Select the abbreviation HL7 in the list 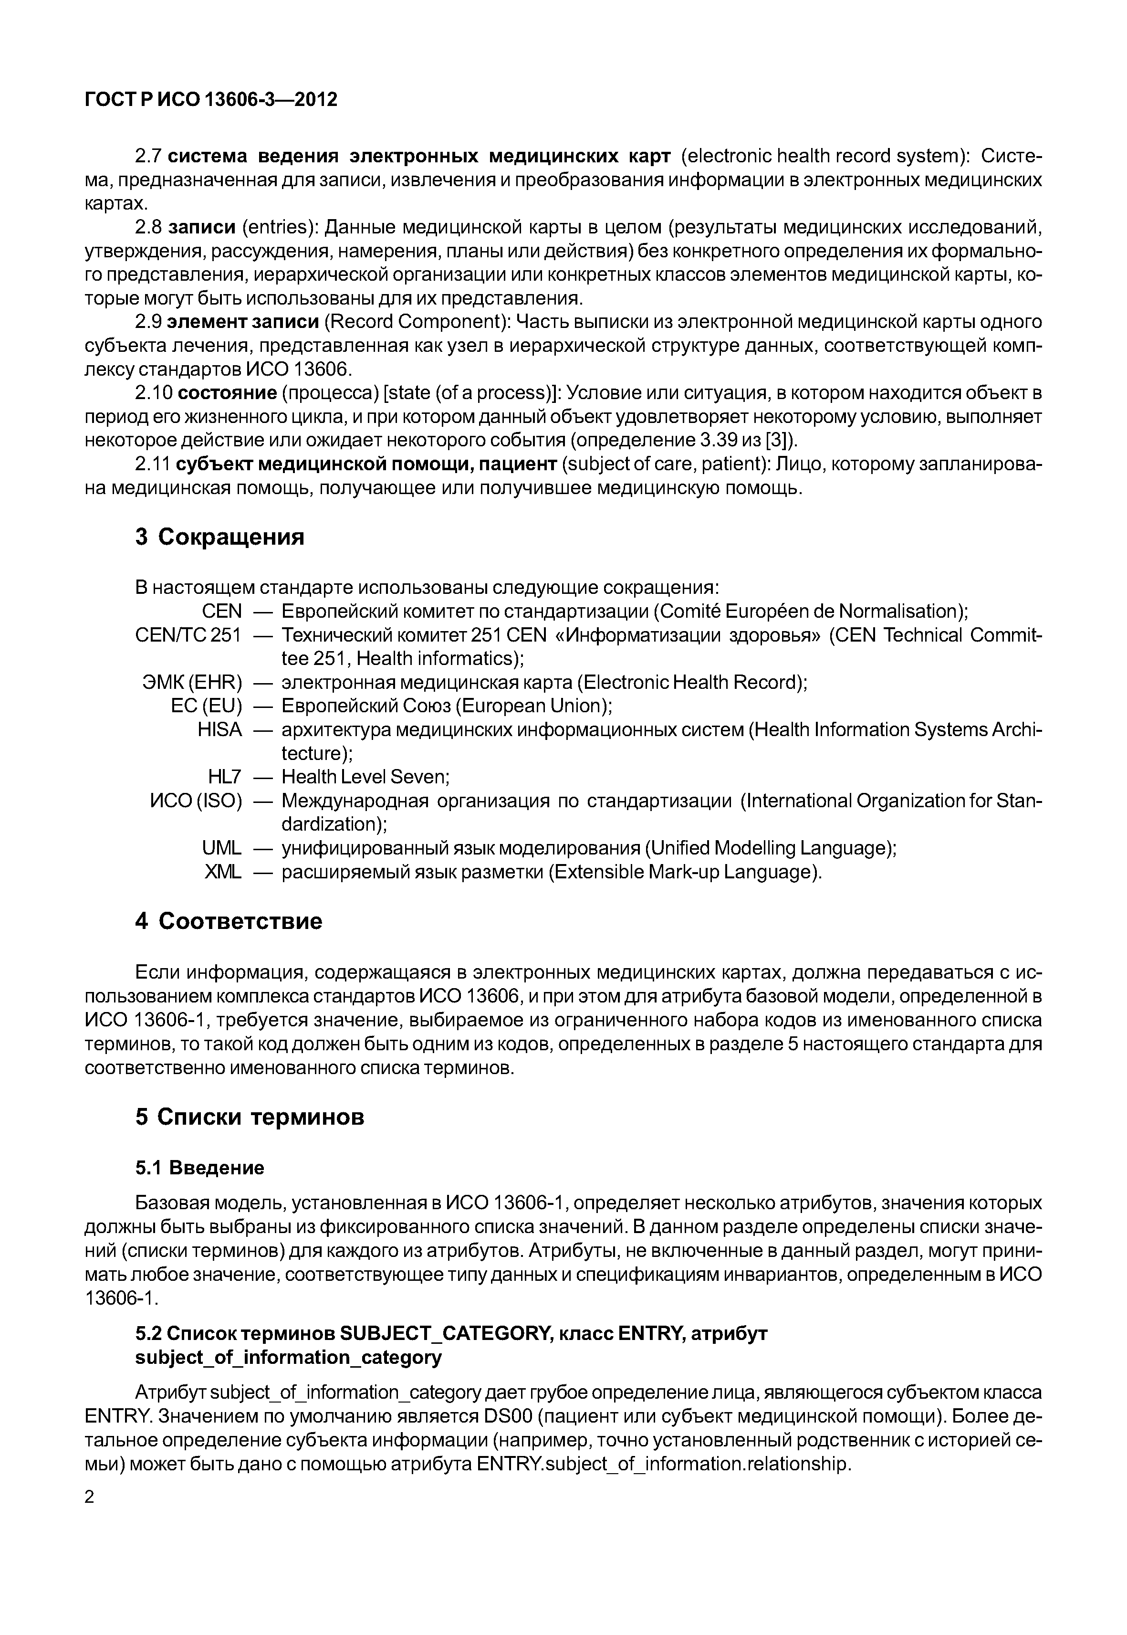[x=225, y=777]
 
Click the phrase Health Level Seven [x=365, y=777]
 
